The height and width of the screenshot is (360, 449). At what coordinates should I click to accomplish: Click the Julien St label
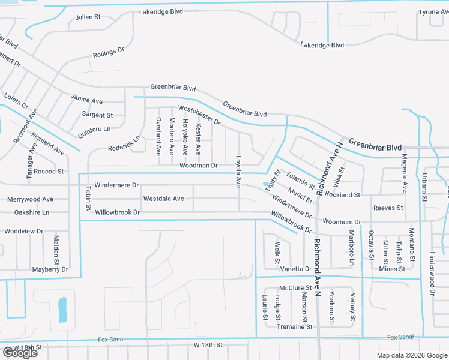click(88, 17)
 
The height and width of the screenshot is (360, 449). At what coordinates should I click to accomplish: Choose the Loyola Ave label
click(238, 171)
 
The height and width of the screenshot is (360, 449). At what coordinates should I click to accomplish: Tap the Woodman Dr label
click(198, 166)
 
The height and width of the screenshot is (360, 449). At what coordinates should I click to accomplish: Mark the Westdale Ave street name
click(163, 199)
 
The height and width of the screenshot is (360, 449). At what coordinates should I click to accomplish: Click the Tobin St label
click(88, 198)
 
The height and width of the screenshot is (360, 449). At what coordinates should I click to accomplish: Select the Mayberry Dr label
click(50, 270)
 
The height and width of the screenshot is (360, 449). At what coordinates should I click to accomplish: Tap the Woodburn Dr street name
click(341, 222)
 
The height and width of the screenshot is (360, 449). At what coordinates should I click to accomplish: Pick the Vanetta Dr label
click(296, 269)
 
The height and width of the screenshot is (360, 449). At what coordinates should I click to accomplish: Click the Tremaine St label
click(294, 327)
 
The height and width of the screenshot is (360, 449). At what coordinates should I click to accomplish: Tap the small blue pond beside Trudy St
click(265, 184)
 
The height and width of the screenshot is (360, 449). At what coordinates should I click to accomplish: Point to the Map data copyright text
click(412, 355)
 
